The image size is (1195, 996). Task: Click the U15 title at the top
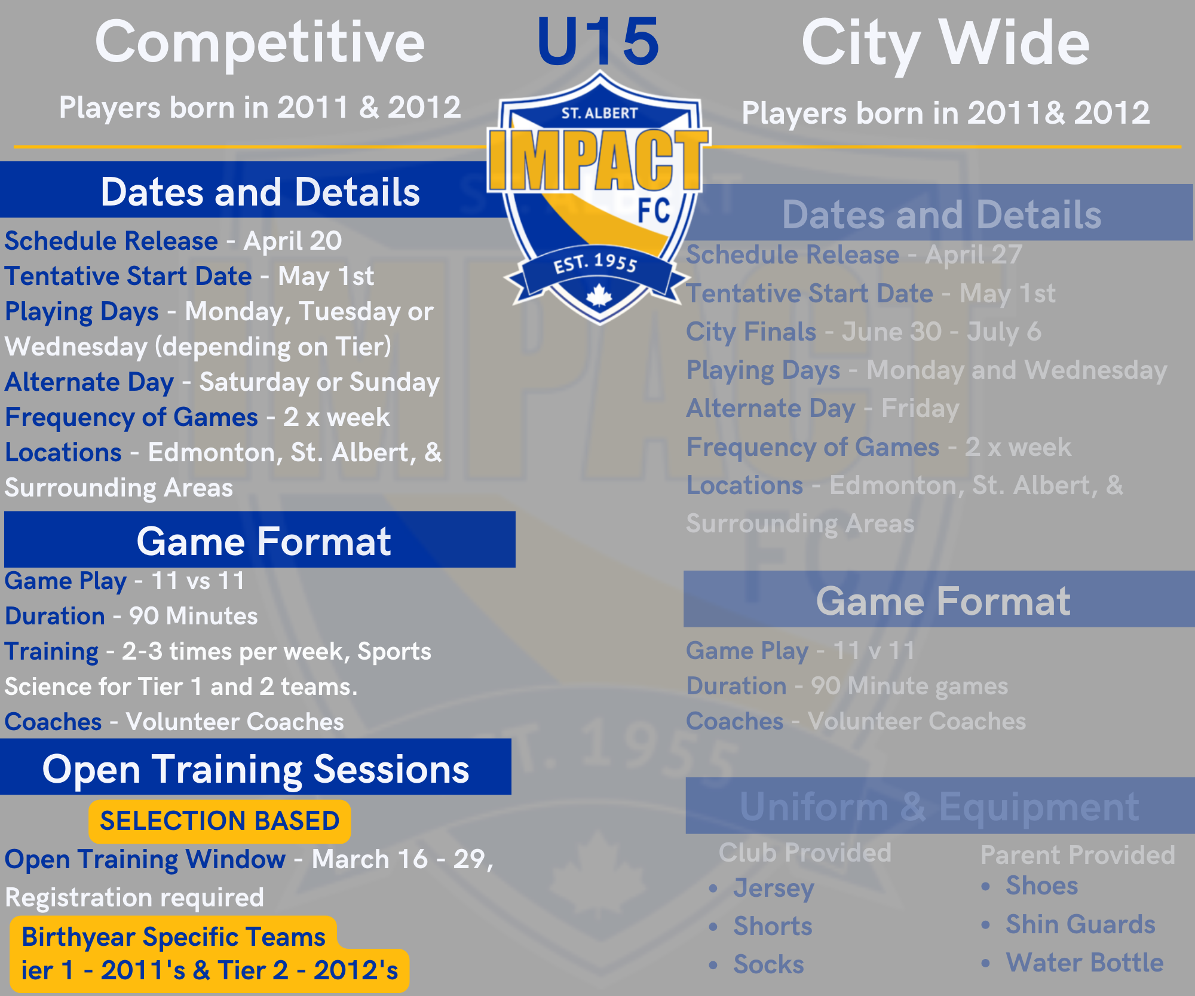point(598,42)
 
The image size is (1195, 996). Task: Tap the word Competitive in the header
point(260,43)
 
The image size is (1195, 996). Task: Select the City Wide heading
point(945,43)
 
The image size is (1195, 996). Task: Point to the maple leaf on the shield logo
point(599,295)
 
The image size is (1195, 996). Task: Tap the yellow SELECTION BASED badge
point(219,821)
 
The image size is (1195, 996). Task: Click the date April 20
point(293,241)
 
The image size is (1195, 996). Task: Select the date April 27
point(974,255)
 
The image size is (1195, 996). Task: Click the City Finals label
point(751,332)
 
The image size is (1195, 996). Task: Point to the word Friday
point(920,409)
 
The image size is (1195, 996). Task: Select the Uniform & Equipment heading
point(940,807)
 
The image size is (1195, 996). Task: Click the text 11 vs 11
point(198,581)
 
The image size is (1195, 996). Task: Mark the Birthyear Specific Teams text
point(173,937)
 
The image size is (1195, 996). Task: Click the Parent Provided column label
point(1078,855)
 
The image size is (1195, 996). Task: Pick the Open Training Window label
point(145,860)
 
